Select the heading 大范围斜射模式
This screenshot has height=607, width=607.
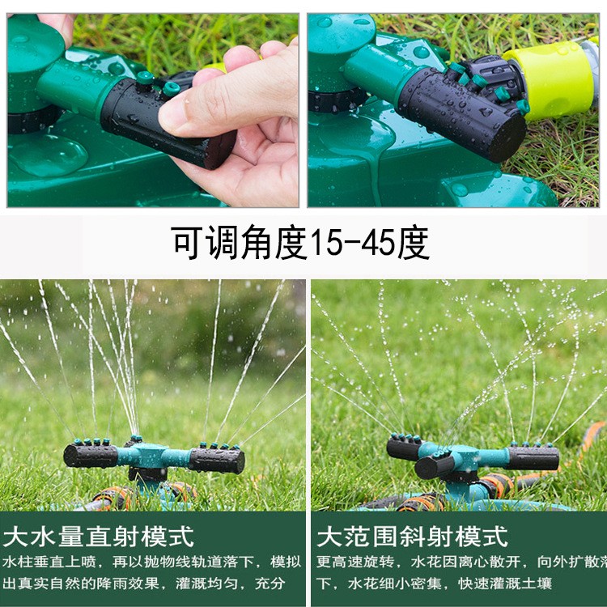(x=412, y=536)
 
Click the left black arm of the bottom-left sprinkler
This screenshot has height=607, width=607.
(x=91, y=455)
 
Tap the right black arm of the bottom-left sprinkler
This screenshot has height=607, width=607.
(x=216, y=460)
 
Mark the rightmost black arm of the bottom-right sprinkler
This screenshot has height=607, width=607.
(x=534, y=457)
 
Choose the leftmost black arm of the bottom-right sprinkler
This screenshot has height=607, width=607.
(x=405, y=448)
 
